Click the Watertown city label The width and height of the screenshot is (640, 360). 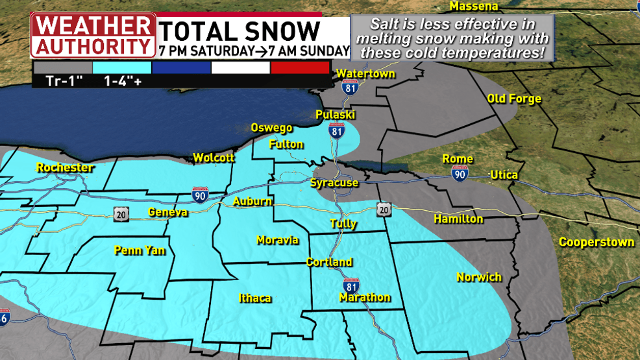click(x=365, y=74)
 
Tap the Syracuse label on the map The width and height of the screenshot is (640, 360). click(x=334, y=183)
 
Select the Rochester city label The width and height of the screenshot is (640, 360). click(x=65, y=168)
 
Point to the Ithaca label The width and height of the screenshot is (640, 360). click(x=254, y=298)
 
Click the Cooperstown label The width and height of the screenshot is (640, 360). click(x=597, y=243)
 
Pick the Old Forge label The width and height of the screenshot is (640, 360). click(x=514, y=99)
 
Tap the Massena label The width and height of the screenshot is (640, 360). click(x=474, y=6)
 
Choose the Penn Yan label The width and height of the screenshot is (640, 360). click(x=140, y=250)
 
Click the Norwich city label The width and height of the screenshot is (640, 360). click(x=479, y=277)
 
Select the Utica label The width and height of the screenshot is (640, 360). click(x=504, y=175)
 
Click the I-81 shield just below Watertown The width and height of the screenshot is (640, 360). click(x=350, y=88)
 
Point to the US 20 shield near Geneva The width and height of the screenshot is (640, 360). click(x=119, y=213)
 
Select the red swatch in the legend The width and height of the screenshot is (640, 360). click(x=300, y=67)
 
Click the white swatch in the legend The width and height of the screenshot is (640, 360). click(x=240, y=67)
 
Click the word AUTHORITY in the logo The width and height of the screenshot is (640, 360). click(x=92, y=47)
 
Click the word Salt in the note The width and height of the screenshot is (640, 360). click(x=384, y=25)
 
